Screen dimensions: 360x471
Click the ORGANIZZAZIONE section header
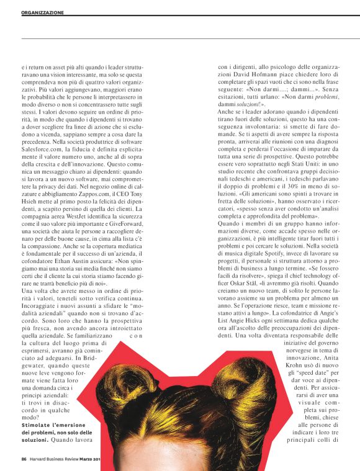42,12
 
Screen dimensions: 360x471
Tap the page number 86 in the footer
24,460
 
